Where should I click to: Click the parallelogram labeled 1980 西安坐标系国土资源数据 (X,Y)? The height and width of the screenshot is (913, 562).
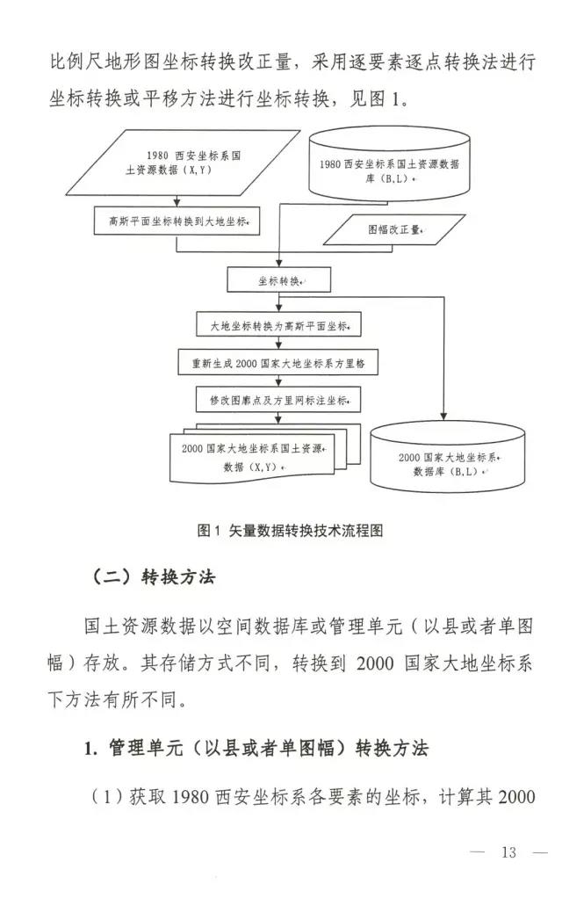click(x=180, y=163)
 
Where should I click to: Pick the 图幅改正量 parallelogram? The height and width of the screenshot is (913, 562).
click(x=394, y=229)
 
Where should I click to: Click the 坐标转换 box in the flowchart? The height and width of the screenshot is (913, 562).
click(x=279, y=281)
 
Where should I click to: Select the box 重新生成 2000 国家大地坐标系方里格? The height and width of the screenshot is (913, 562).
click(x=279, y=362)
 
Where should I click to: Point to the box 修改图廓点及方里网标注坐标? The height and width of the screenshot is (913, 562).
click(x=279, y=400)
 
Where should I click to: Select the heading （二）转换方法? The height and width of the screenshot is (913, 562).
click(x=152, y=576)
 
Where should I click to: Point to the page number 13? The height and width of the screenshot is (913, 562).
click(x=508, y=851)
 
